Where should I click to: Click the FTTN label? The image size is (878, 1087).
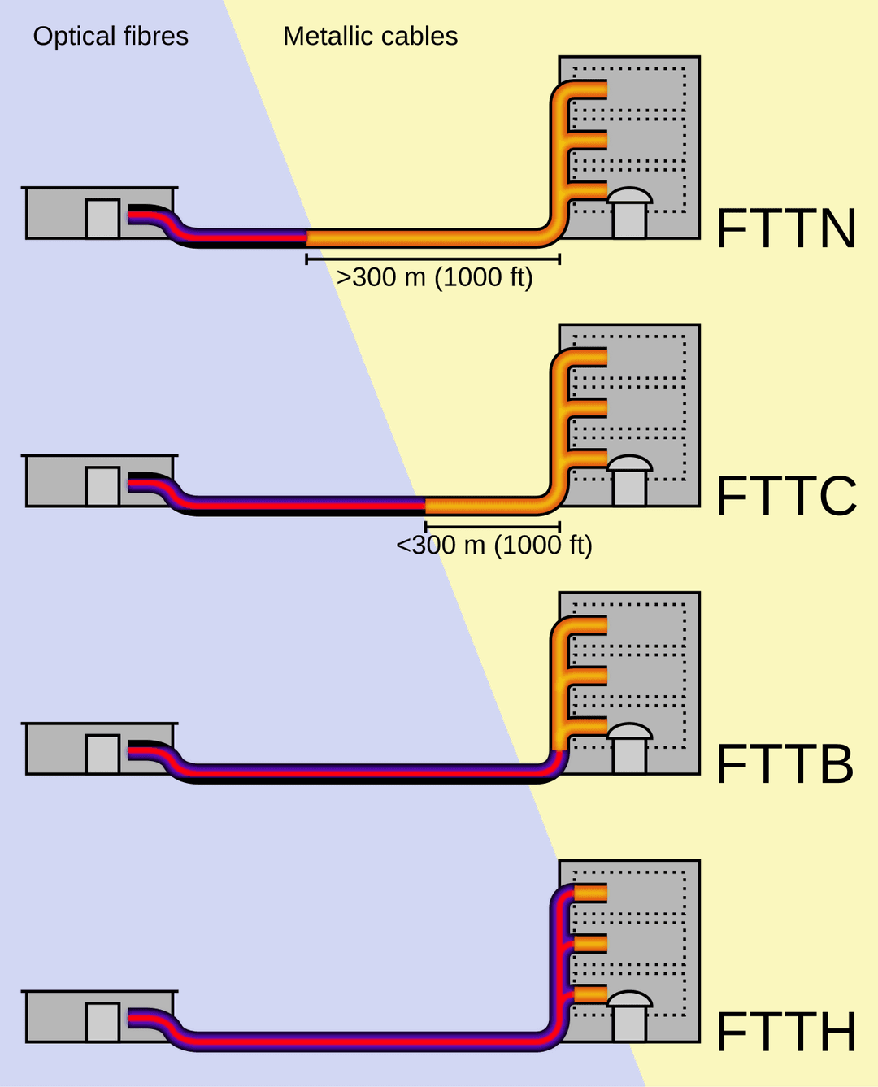pyautogui.click(x=786, y=228)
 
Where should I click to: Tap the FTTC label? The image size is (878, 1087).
pyautogui.click(x=786, y=496)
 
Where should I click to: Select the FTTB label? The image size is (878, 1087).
pyautogui.click(x=785, y=764)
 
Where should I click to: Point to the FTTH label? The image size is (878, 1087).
pyautogui.click(x=786, y=1032)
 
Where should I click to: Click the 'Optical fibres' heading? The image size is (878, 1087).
pyautogui.click(x=111, y=36)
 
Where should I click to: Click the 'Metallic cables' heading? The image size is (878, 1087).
pyautogui.click(x=370, y=36)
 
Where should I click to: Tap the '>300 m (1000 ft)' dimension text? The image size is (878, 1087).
pyautogui.click(x=434, y=277)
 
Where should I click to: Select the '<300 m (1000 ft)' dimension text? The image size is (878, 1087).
pyautogui.click(x=493, y=545)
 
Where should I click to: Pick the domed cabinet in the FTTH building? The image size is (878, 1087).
pyautogui.click(x=629, y=1016)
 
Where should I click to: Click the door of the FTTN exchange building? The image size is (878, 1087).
pyautogui.click(x=102, y=219)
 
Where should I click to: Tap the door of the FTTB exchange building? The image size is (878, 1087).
pyautogui.click(x=102, y=754)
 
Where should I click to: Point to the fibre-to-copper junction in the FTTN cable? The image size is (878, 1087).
pyautogui.click(x=307, y=237)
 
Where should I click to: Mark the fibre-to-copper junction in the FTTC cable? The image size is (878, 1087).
pyautogui.click(x=425, y=506)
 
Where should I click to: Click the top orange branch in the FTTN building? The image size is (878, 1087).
pyautogui.click(x=589, y=89)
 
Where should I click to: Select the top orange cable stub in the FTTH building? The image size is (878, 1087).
pyautogui.click(x=591, y=894)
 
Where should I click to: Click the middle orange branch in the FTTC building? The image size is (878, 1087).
pyautogui.click(x=589, y=407)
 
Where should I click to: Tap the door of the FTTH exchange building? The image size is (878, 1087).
pyautogui.click(x=102, y=1022)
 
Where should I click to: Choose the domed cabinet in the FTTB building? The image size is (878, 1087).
pyautogui.click(x=629, y=749)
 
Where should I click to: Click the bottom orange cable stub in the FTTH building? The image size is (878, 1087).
pyautogui.click(x=591, y=994)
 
